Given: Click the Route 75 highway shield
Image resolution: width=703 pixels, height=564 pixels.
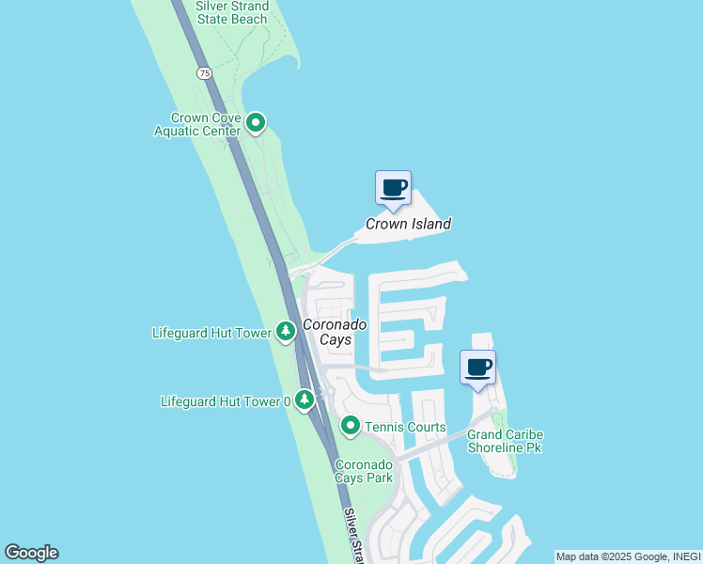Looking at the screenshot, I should tap(204, 72).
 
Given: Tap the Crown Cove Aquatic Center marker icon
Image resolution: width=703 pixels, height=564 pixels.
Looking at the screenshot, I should tap(256, 123).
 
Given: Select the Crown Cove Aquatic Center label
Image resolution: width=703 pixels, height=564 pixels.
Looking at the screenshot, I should tap(206, 124).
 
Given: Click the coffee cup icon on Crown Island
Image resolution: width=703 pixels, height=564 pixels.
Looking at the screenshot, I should tap(393, 187).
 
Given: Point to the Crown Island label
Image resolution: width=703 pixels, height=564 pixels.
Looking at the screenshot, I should tap(408, 224).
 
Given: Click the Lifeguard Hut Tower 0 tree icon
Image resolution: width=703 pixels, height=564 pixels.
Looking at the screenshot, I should tap(305, 401).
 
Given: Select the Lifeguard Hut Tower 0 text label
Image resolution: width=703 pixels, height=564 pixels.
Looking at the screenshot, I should tap(226, 401).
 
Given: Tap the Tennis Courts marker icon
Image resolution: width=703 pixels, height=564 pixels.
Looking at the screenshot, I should tap(351, 427).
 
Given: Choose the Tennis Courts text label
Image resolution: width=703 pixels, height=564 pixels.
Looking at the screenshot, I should tap(405, 428).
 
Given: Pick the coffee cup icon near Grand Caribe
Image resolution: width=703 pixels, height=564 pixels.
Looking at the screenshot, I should tap(478, 367).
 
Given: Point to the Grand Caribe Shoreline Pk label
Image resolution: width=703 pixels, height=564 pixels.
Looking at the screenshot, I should tap(506, 441).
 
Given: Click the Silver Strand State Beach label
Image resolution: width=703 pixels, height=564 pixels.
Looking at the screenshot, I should tap(232, 12).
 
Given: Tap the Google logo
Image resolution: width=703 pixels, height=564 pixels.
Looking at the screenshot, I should tap(31, 553).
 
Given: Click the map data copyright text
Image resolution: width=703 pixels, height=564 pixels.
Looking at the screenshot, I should tap(628, 556).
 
